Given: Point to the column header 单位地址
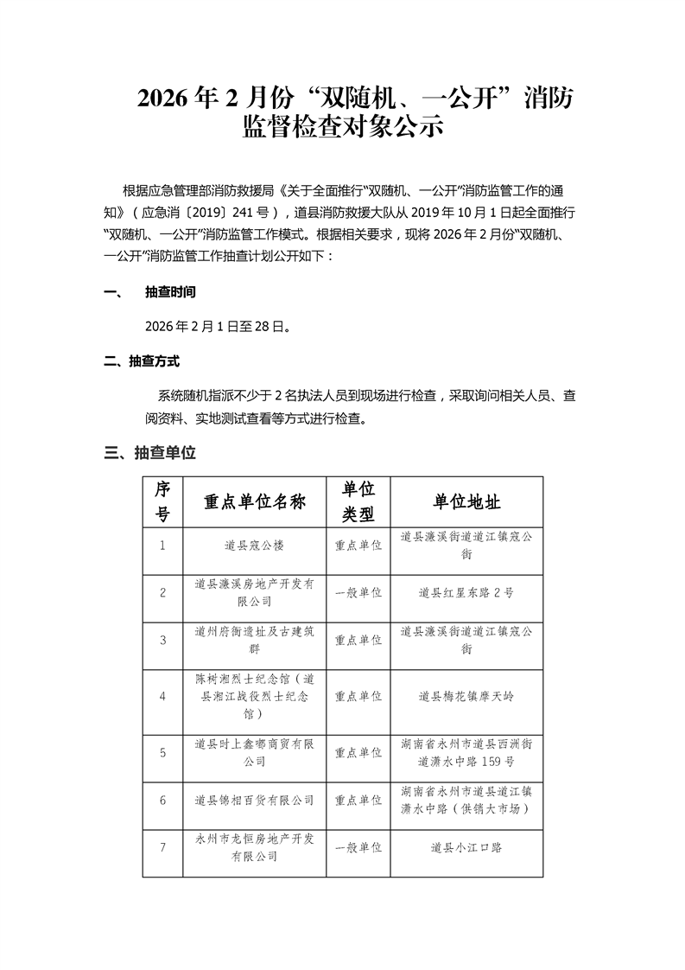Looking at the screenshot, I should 466,502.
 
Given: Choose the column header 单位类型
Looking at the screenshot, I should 358,502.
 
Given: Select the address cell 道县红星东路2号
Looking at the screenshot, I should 466,593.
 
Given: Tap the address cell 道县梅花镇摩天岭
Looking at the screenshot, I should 466,696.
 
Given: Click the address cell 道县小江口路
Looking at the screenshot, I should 466,847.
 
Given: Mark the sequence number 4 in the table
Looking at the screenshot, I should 162,696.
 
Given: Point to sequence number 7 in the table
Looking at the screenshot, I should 162,847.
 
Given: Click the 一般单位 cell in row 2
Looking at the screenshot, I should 358,593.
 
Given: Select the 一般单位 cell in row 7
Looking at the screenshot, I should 358,847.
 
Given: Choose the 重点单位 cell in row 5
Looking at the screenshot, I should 358,752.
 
